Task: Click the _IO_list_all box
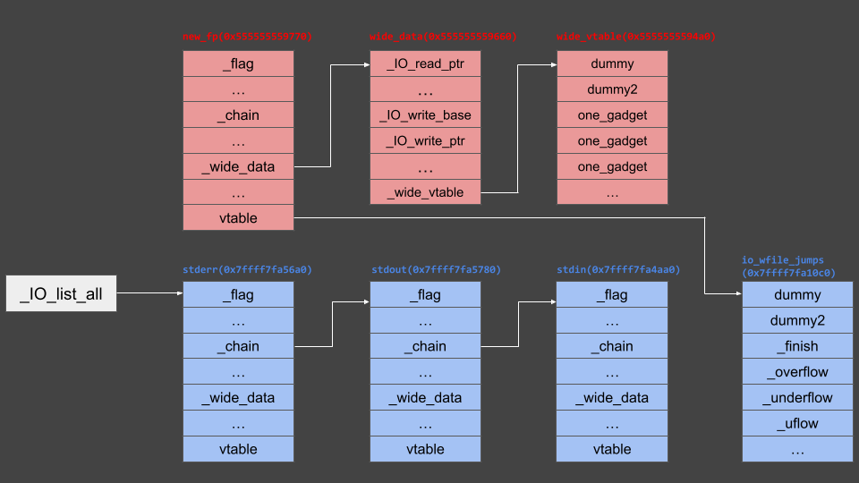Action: (61, 294)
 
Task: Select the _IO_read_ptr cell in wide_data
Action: (425, 64)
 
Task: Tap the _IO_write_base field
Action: (425, 115)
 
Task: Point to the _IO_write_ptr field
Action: (425, 141)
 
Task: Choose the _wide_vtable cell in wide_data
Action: (425, 192)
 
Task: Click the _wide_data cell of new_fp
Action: (238, 166)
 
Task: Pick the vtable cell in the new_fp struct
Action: (238, 217)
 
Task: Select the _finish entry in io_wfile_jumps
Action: (797, 346)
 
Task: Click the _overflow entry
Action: (797, 372)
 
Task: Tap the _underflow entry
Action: (797, 398)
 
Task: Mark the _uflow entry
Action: (797, 424)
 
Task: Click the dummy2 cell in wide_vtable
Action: (612, 89)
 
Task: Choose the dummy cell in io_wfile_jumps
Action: (797, 295)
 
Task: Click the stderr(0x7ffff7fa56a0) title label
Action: (247, 269)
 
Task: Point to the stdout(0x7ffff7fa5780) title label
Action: (436, 269)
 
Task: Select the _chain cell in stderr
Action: (238, 346)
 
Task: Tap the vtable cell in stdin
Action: (612, 449)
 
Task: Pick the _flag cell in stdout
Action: (425, 295)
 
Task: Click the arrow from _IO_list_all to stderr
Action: (149, 294)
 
